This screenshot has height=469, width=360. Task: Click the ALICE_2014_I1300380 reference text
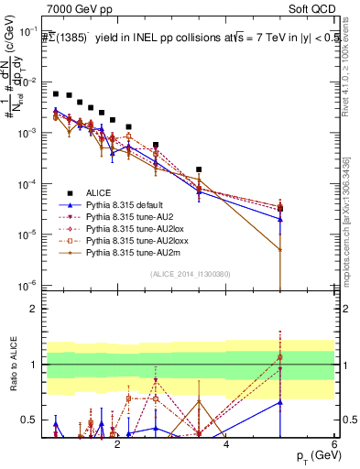click(191, 274)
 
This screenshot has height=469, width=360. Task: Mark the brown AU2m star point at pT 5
click(280, 249)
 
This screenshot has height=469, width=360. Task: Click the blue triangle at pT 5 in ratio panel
click(280, 401)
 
